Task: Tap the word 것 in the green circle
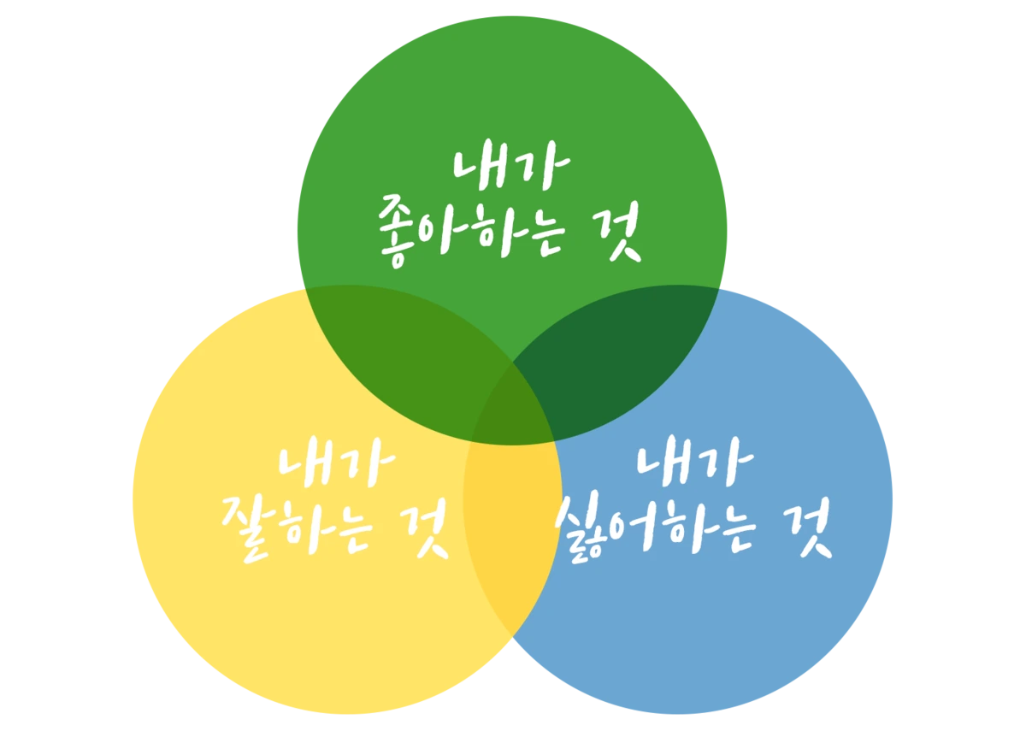618,232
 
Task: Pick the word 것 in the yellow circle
427,531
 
